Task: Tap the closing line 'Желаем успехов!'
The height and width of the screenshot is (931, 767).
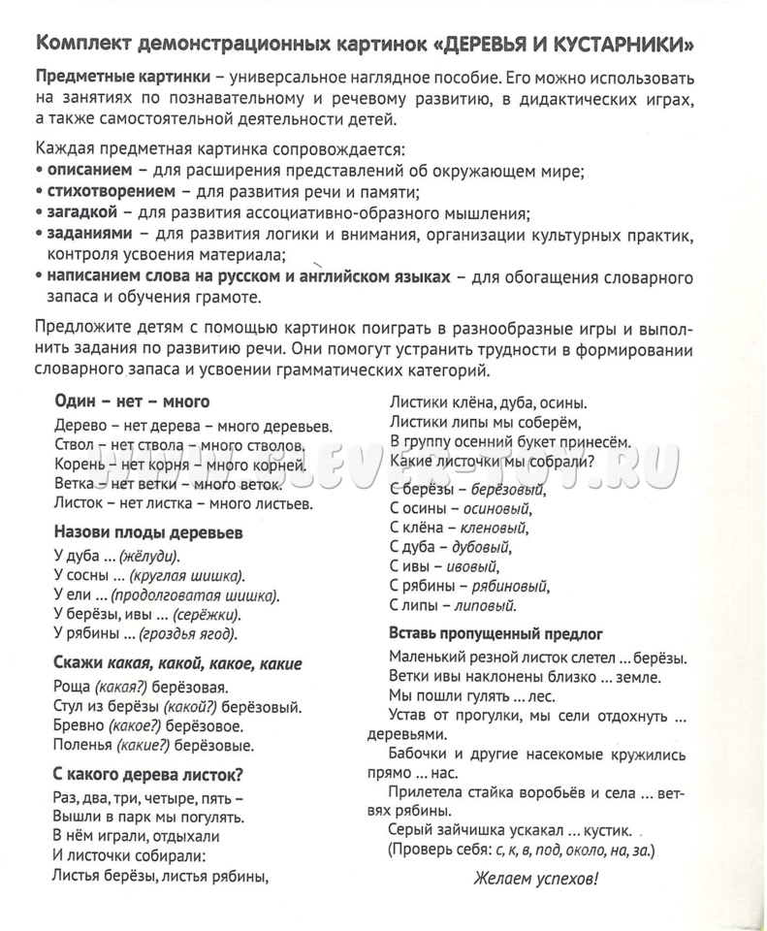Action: (x=536, y=880)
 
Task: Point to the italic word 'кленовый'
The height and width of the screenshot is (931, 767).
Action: (x=495, y=528)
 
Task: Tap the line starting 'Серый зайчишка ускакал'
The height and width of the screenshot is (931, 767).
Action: (x=511, y=831)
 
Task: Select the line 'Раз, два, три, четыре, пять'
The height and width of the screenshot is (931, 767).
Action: (x=144, y=797)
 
